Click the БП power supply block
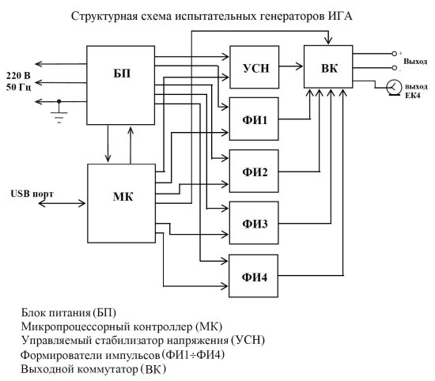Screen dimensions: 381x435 point(120,84)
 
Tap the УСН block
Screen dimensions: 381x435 point(253,67)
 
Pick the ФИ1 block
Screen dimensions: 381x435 point(253,121)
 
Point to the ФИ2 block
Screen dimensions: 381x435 point(253,172)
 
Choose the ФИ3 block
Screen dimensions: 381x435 point(253,224)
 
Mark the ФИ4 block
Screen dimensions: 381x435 point(253,277)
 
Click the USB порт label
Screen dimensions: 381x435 point(32,192)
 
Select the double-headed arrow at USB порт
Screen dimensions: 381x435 point(60,203)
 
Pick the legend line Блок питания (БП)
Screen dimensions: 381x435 point(74,312)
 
